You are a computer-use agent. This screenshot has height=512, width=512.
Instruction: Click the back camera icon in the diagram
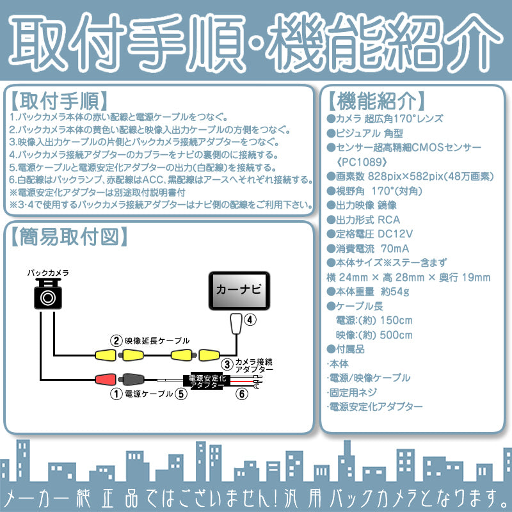48,295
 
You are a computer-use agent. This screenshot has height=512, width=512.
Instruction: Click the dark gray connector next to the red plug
133,379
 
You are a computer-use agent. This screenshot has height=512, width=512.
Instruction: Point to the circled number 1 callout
116,394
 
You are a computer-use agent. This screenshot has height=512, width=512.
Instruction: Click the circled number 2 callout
116,340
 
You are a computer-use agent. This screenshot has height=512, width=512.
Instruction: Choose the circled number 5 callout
182,394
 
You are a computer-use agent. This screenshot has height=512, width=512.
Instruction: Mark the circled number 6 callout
241,394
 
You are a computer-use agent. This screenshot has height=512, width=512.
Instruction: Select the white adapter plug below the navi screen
235,324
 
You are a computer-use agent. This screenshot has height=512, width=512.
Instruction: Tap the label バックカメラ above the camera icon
48,273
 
